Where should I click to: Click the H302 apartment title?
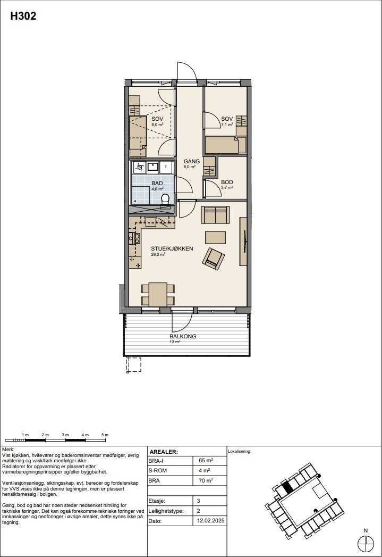pos(23,16)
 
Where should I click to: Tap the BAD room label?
pos(157,183)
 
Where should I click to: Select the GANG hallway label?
pos(191,161)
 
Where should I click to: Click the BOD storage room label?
pos(227,182)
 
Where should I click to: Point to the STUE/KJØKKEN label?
pos(172,248)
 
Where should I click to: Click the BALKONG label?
pos(183,336)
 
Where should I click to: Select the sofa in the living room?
pos(215,215)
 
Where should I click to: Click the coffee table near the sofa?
pos(215,237)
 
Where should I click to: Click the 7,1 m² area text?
pos(227,124)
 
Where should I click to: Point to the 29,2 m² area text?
pos(158,255)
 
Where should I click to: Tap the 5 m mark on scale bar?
pos(105,435)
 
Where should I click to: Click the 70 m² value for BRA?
pos(206,480)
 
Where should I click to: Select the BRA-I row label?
pos(156,461)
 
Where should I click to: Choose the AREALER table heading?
pos(164,451)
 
